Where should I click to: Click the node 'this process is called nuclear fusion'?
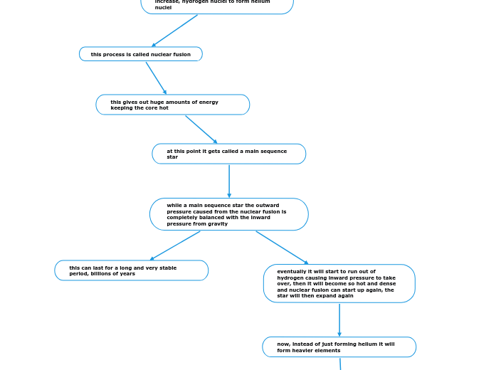click(x=140, y=54)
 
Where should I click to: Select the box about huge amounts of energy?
click(x=172, y=105)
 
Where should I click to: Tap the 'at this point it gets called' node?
click(x=228, y=154)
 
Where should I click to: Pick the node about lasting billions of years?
click(x=131, y=270)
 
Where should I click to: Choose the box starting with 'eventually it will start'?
click(x=339, y=283)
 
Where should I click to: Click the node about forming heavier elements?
click(x=339, y=347)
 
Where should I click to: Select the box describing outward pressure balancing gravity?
click(x=228, y=214)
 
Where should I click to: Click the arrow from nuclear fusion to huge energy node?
click(x=156, y=78)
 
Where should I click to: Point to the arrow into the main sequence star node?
click(x=201, y=129)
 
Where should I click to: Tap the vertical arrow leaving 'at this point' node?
click(x=229, y=181)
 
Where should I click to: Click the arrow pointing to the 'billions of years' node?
click(x=175, y=245)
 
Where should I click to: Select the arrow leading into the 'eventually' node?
click(x=283, y=248)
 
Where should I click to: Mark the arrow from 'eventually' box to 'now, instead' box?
click(x=339, y=319)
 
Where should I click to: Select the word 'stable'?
click(x=168, y=268)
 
